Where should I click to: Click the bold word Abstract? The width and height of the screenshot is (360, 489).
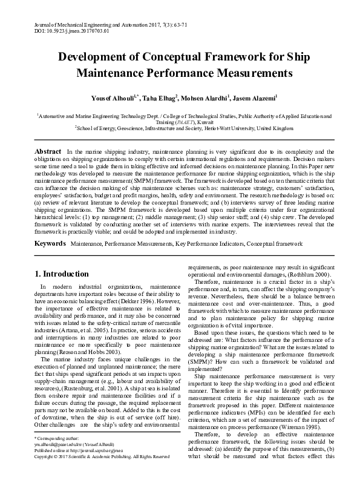(48, 151)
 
